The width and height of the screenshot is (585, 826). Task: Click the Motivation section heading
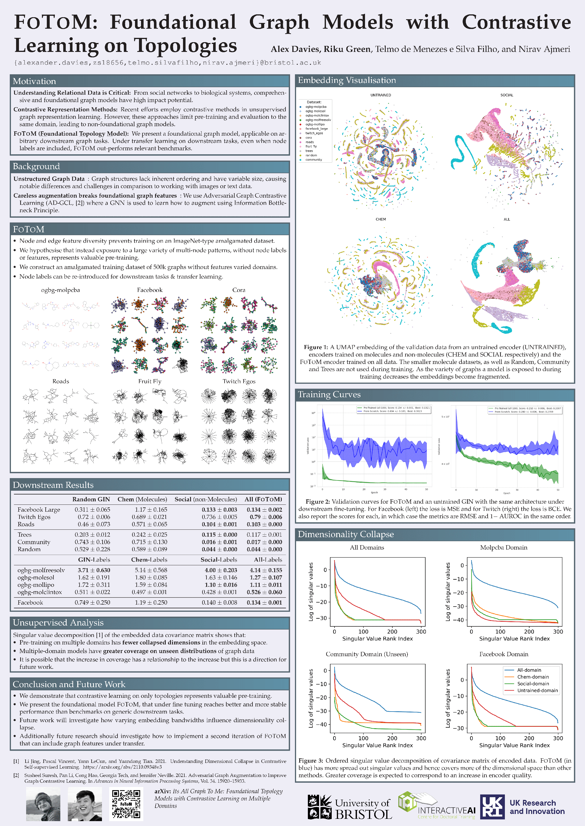[x=34, y=81]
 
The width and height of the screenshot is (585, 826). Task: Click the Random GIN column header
[x=91, y=499]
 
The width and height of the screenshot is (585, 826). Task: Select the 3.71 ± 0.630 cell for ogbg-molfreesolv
[x=94, y=570]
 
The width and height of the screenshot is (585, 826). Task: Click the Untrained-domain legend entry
[x=537, y=690]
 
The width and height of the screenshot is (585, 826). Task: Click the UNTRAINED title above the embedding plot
[x=381, y=95]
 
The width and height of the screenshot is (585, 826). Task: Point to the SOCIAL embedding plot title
[x=507, y=95]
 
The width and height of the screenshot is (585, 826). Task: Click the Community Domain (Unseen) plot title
[x=367, y=654]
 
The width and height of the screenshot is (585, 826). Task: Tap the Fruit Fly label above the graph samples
[x=150, y=381]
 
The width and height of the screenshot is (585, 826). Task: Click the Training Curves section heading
[x=329, y=395]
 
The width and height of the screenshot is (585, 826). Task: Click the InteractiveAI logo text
[x=446, y=810]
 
